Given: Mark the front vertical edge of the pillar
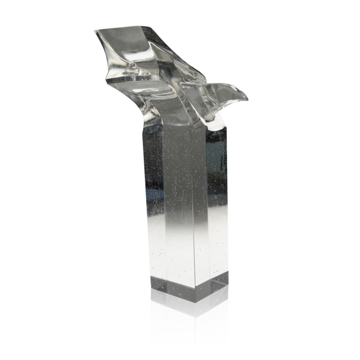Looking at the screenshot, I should tap(194, 210).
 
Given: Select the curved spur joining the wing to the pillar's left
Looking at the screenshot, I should tap(150, 111).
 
